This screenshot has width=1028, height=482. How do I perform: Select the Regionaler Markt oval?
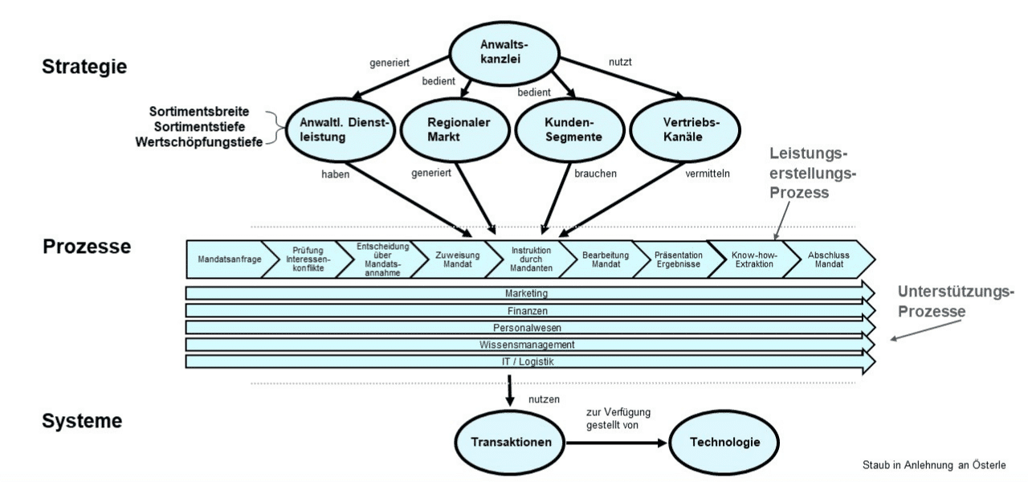(450, 129)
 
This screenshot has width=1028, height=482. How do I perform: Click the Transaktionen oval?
(510, 443)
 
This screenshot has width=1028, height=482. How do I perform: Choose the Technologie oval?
(724, 443)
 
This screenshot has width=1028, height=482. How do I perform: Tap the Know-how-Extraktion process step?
(752, 260)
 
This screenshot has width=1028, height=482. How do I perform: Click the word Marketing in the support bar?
(527, 294)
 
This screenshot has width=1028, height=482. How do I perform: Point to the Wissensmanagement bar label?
(527, 345)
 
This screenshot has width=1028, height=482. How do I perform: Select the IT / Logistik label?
(527, 361)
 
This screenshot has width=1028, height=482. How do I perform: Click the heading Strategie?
(84, 66)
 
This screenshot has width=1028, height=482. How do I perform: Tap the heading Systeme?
(82, 420)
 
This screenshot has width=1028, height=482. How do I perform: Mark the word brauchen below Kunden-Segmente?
(595, 174)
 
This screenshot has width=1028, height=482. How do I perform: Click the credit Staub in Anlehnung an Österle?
(932, 465)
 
